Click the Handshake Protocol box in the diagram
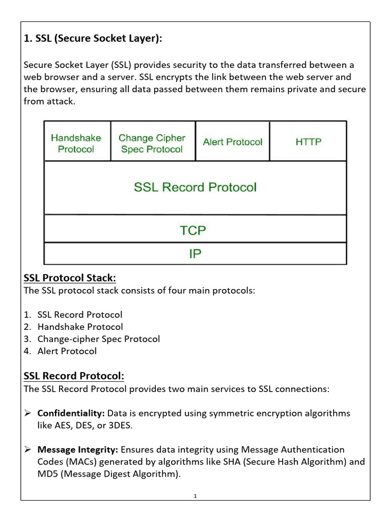(x=76, y=143)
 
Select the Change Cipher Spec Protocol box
(x=151, y=143)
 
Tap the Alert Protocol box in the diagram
(x=232, y=142)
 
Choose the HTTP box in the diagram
(x=309, y=142)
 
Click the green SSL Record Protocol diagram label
(x=195, y=187)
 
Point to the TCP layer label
(x=193, y=230)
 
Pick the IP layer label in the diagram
(x=195, y=254)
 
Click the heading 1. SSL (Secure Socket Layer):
(x=93, y=39)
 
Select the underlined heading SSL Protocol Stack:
(x=70, y=278)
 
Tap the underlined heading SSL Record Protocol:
(x=74, y=376)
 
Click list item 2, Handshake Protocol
(x=80, y=327)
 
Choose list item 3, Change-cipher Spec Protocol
(x=98, y=339)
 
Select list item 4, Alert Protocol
(x=67, y=351)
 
